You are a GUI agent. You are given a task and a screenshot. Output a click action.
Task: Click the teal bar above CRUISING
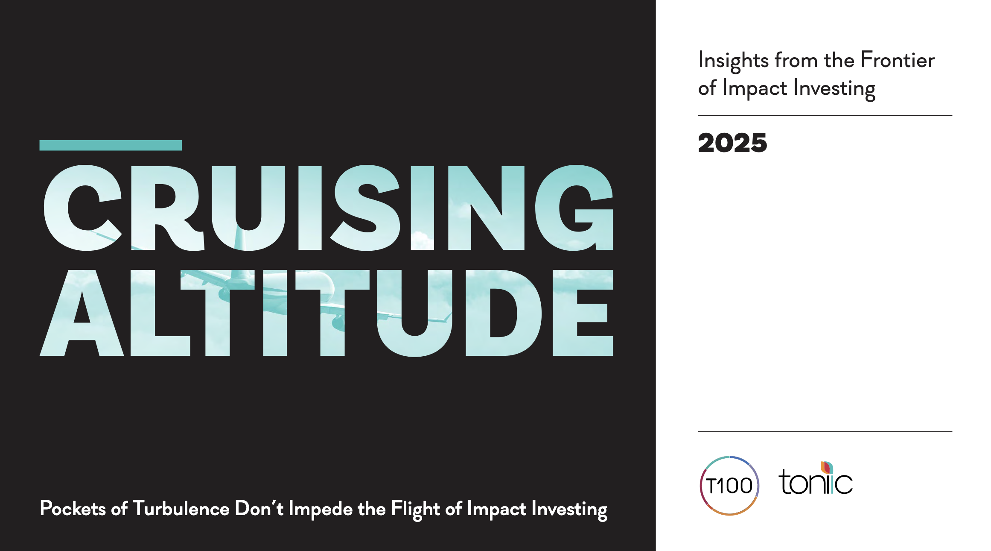[111, 145]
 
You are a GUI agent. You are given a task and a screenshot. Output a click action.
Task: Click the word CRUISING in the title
[329, 208]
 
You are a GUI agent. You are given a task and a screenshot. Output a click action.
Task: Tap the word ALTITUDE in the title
[326, 313]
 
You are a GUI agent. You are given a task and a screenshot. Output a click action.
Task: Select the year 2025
[732, 143]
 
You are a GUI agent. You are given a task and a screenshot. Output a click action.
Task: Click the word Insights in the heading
[733, 61]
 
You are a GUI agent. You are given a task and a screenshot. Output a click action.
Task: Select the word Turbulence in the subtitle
[181, 508]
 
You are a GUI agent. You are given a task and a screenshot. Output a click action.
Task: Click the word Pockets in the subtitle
[73, 508]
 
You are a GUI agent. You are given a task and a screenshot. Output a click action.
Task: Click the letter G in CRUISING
[574, 208]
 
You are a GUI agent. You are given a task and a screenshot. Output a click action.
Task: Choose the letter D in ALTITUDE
[504, 313]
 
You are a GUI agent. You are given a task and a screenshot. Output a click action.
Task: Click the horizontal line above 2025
[825, 115]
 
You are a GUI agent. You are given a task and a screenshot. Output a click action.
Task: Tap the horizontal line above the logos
[825, 431]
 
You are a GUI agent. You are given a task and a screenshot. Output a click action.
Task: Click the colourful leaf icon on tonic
[827, 468]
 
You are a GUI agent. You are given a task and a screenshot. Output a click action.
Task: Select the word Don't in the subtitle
[259, 508]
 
